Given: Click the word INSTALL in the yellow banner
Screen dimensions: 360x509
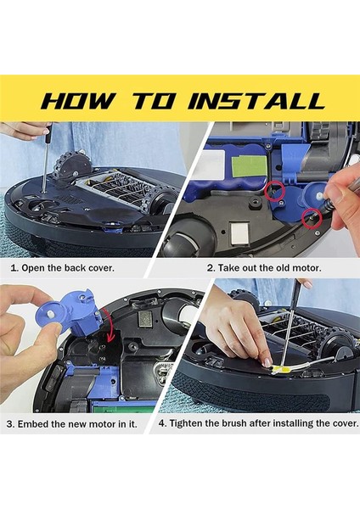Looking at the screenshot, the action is [256, 101].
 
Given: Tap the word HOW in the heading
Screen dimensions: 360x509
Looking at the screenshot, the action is [79, 101].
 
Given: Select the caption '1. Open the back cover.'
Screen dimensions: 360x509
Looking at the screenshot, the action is [62, 268].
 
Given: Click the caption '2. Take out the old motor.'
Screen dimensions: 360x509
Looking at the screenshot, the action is [264, 268].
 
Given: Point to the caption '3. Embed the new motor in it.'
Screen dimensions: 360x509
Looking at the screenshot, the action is [72, 424].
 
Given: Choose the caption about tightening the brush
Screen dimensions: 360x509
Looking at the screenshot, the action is [259, 423].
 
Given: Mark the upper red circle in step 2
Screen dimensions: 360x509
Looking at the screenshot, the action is [274, 192].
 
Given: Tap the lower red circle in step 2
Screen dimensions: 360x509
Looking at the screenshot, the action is [312, 219].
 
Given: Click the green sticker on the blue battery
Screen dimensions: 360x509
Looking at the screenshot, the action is [249, 167].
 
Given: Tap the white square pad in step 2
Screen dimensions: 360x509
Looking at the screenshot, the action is [239, 232].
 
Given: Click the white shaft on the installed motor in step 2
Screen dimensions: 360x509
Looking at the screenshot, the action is [319, 196].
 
